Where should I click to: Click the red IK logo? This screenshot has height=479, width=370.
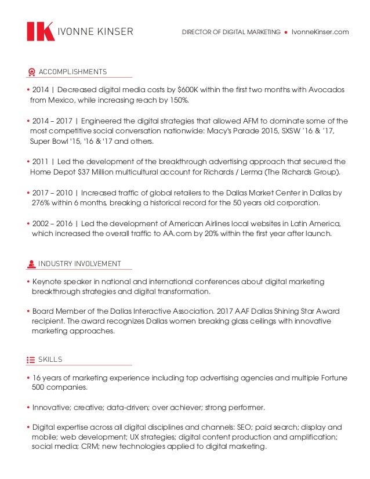[x=41, y=31]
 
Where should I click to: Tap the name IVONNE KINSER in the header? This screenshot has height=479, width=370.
[x=95, y=32]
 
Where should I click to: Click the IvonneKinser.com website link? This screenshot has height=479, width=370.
[x=320, y=32]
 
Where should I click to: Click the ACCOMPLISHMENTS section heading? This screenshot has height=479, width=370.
[x=72, y=72]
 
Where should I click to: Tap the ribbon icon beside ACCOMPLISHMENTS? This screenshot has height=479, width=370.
[x=31, y=72]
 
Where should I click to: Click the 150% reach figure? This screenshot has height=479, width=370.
[x=178, y=100]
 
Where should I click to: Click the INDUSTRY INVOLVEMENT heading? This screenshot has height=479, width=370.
[x=79, y=264]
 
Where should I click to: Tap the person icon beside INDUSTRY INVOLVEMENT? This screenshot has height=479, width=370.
[x=31, y=264]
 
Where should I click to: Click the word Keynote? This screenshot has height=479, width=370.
[x=48, y=282]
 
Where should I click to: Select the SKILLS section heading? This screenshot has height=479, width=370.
[x=50, y=360]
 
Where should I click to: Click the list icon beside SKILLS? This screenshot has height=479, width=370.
[x=31, y=360]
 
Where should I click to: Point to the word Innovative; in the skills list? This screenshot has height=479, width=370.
[x=53, y=407]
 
